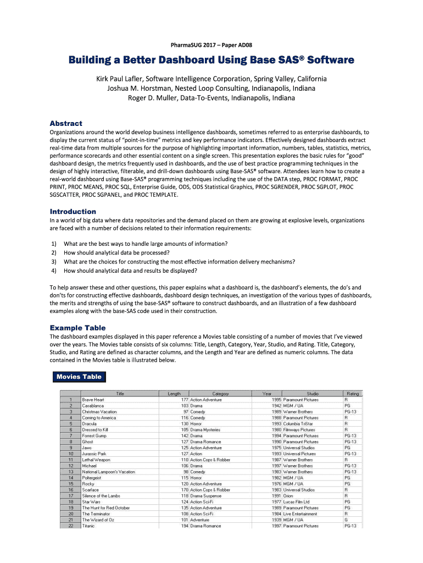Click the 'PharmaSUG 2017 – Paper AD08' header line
(x=211, y=45)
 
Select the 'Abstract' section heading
(x=66, y=124)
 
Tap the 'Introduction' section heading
(x=73, y=212)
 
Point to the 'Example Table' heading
(x=77, y=328)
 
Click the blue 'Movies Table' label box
(x=79, y=377)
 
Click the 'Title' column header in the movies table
(x=120, y=394)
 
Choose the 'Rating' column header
(x=353, y=394)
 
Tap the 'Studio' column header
(x=312, y=394)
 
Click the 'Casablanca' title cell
(x=93, y=406)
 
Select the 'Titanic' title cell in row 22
(x=88, y=526)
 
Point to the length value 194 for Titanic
(x=184, y=526)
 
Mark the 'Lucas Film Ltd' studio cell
(x=296, y=502)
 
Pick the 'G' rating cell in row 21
(x=346, y=520)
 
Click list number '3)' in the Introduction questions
(x=54, y=262)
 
